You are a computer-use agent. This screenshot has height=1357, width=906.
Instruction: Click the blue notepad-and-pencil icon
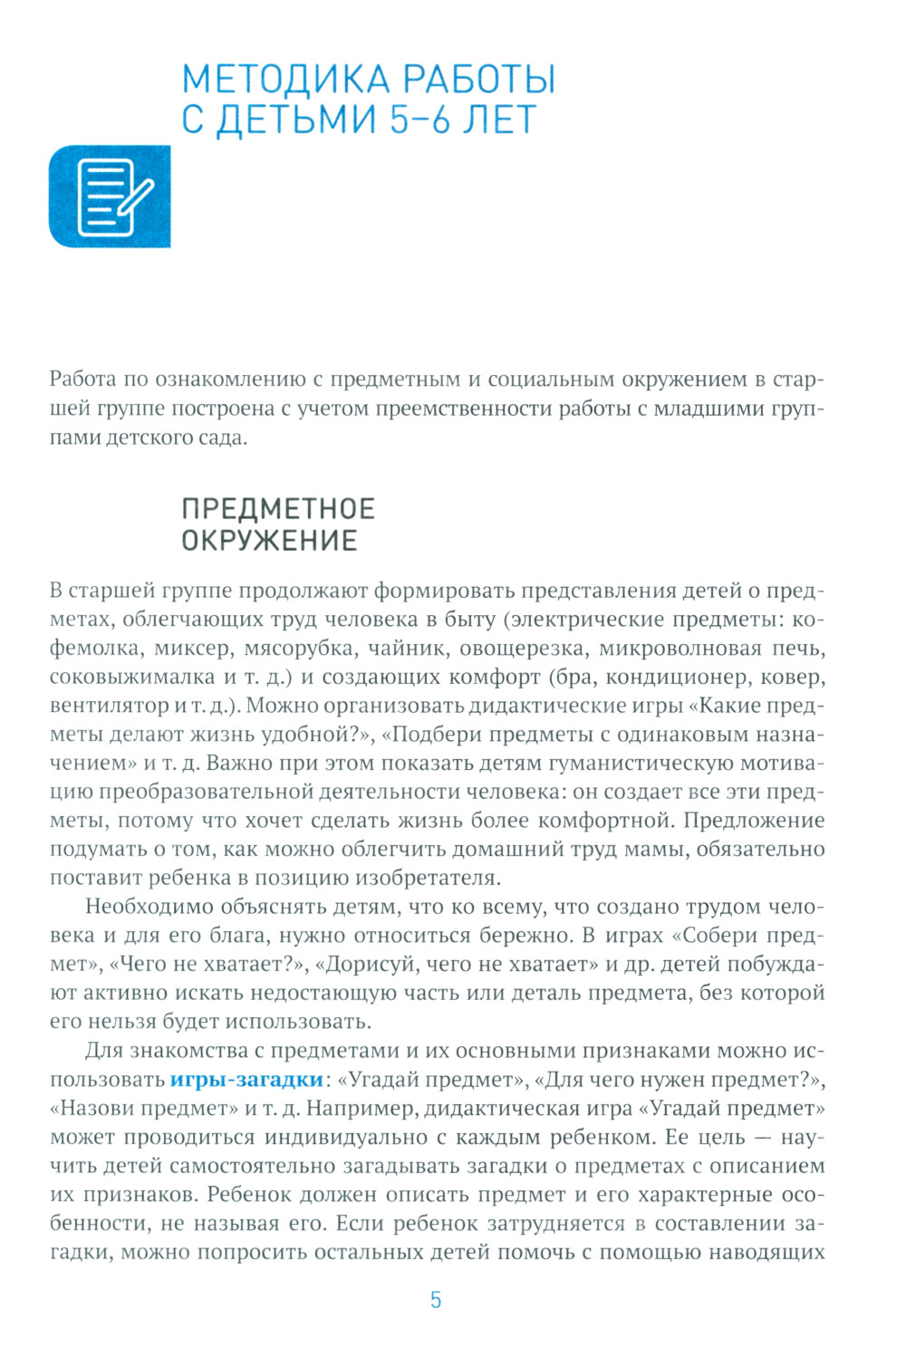(110, 196)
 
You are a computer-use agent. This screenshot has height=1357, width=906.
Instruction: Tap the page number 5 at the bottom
(436, 1300)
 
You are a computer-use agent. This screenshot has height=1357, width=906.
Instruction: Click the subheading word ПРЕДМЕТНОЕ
(278, 509)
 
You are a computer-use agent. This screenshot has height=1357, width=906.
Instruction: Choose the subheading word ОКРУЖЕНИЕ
(270, 541)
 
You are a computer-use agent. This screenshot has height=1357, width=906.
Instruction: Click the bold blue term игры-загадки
(246, 1080)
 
